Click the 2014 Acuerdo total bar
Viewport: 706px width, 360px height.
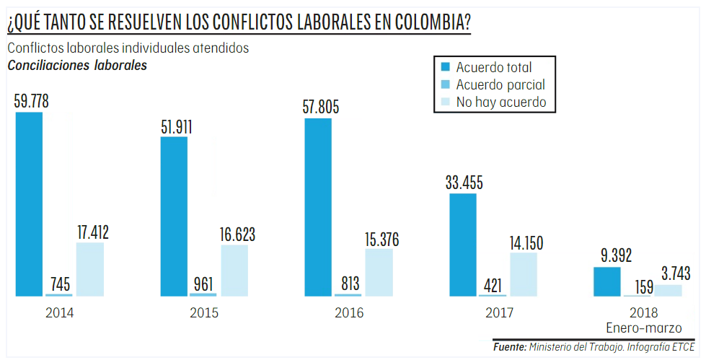point(29,203)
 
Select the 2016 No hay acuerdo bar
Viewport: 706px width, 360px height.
point(379,272)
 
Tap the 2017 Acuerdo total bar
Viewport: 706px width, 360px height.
point(463,245)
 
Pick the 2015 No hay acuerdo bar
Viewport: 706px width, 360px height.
point(234,270)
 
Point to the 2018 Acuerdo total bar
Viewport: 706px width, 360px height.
point(606,281)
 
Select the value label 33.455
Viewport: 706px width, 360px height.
point(464,183)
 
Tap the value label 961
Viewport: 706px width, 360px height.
point(202,282)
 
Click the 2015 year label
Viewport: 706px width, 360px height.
point(204,313)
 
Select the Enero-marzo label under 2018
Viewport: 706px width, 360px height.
point(644,328)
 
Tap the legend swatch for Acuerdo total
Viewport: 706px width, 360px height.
point(446,67)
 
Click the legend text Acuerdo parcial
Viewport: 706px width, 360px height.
point(500,85)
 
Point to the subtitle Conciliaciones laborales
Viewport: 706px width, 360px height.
point(77,66)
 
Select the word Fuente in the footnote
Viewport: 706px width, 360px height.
point(509,347)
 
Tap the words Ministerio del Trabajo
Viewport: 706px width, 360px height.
point(574,347)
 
